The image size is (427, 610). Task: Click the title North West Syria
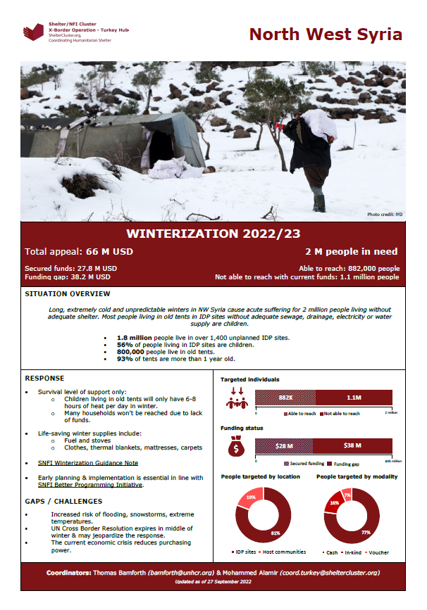pos(326,34)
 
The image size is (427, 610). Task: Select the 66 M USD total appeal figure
pos(109,251)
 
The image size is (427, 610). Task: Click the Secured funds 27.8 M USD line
pos(70,268)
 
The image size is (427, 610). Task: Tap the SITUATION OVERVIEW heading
pos(67,293)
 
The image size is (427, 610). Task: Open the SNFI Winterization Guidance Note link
pos(87,464)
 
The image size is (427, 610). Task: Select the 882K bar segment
pos(285,398)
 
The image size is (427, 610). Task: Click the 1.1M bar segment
pos(353,398)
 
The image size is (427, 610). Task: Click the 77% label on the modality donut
pos(365,533)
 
